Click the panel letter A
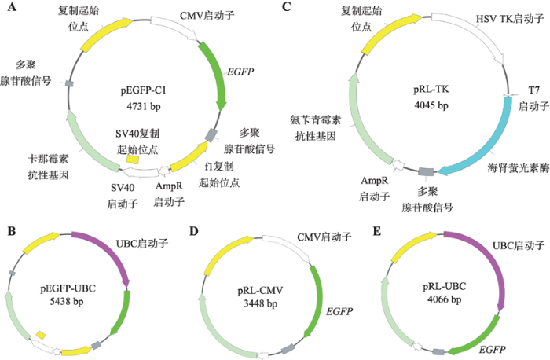click(12, 6)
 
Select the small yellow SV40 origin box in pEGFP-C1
click(133, 159)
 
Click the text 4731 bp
click(144, 105)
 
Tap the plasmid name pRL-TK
click(431, 89)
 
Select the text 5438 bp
click(67, 301)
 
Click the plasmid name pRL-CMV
click(260, 291)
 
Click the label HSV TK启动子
click(509, 18)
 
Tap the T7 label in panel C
click(533, 90)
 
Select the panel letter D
click(194, 232)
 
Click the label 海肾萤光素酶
click(519, 168)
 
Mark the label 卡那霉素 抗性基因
click(48, 167)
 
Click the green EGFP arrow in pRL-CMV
click(317, 302)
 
